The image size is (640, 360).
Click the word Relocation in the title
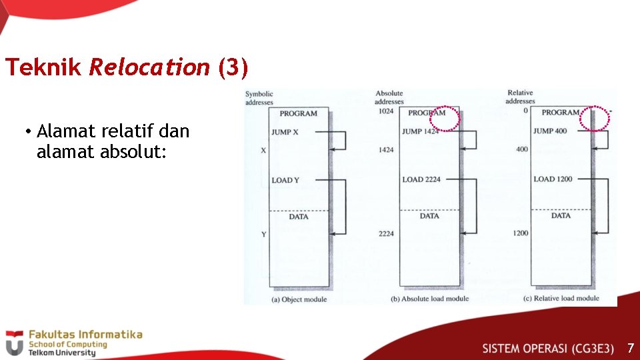[x=149, y=67]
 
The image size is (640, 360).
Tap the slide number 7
[x=630, y=348]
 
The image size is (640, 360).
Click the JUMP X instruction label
[x=285, y=132]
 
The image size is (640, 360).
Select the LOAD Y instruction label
[x=285, y=180]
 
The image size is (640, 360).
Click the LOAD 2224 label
[x=421, y=179]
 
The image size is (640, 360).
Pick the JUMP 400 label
[x=550, y=131]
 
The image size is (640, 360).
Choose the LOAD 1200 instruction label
[x=553, y=179]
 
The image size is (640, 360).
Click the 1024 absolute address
[x=386, y=112]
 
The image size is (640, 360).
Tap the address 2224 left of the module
[x=386, y=233]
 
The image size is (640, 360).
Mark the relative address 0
[x=525, y=111]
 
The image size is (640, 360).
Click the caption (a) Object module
[x=299, y=299]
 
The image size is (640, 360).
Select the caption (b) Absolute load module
[x=429, y=299]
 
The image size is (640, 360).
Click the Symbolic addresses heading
[x=259, y=98]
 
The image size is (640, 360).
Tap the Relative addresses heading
[x=521, y=97]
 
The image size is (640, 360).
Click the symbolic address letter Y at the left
[x=263, y=233]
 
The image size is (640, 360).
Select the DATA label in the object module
[x=299, y=217]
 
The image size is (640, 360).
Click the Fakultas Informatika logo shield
[x=15, y=343]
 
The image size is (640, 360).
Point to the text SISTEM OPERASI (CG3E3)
[x=548, y=348]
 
